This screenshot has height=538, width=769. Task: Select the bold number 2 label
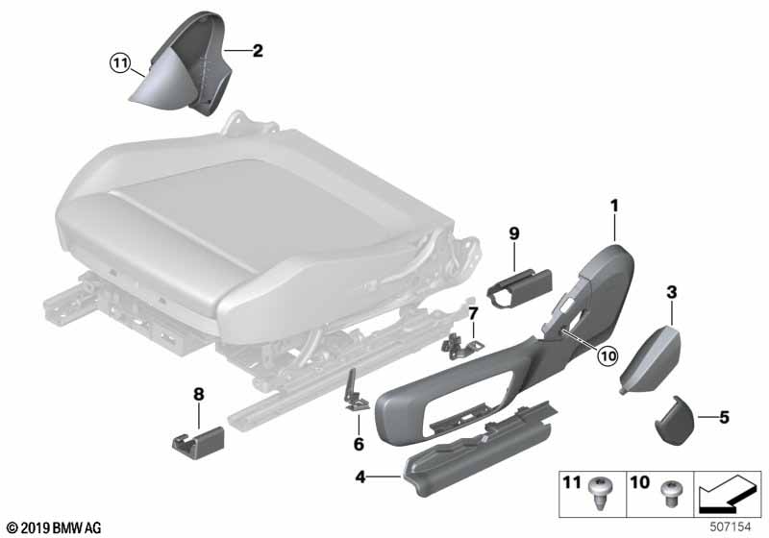click(x=257, y=50)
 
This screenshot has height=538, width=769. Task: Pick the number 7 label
click(x=473, y=313)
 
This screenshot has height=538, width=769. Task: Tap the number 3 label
click(x=672, y=290)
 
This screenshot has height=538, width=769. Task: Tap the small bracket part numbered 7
click(x=459, y=337)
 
